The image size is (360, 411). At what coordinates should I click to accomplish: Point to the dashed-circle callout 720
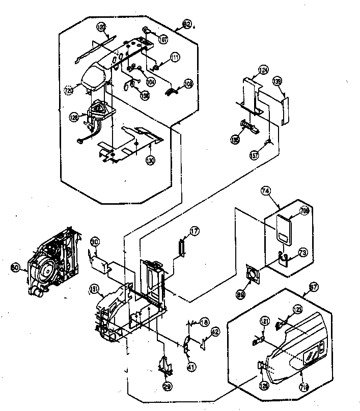pyautogui.click(x=70, y=90)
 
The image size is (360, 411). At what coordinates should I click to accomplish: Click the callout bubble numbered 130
pyautogui.click(x=151, y=159)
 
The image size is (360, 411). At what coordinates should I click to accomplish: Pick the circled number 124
pyautogui.click(x=263, y=70)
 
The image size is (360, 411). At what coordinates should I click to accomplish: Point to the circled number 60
pyautogui.click(x=15, y=266)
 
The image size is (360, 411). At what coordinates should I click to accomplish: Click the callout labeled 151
pyautogui.click(x=93, y=289)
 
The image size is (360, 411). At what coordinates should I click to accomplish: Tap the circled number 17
pyautogui.click(x=194, y=231)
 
